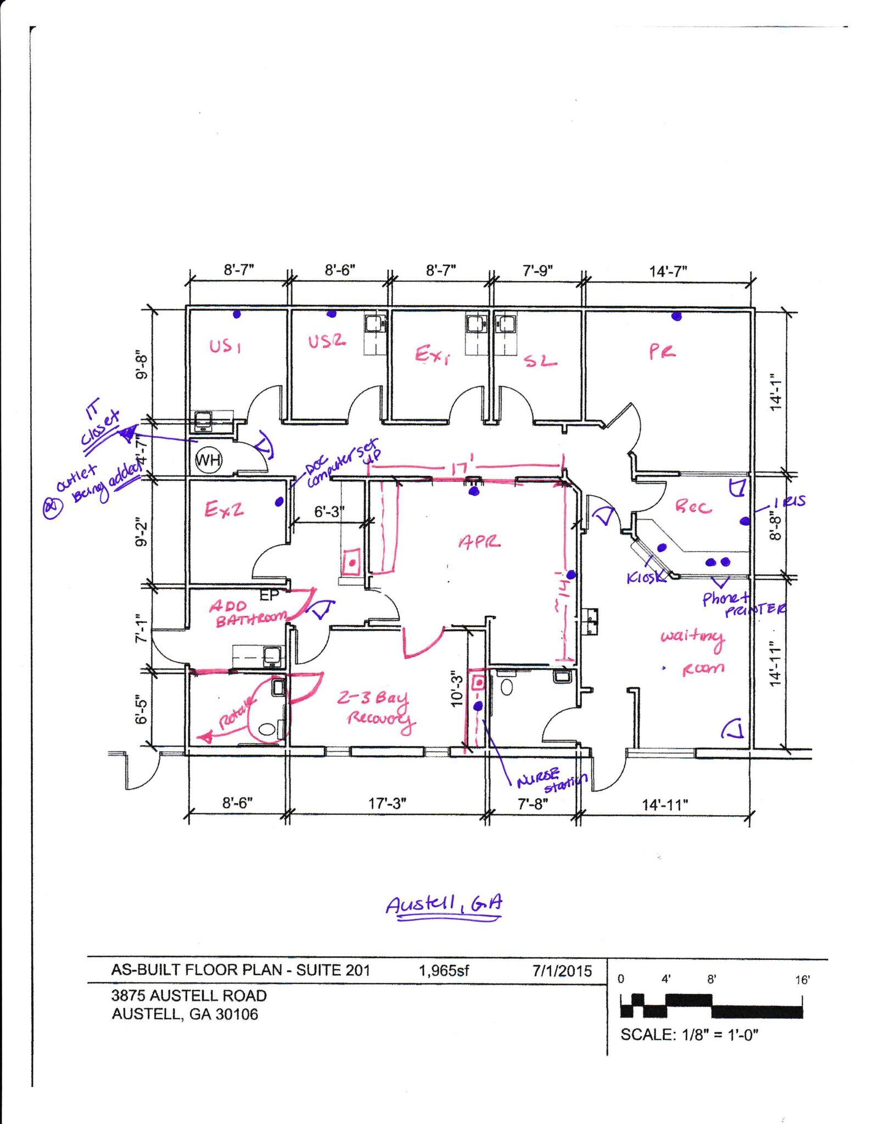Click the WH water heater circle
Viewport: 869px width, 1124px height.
(209, 460)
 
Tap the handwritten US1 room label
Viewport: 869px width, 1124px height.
(225, 346)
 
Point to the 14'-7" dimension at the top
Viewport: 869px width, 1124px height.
(668, 271)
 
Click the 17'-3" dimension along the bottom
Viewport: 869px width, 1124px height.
(387, 803)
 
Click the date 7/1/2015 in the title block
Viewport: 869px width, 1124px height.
(562, 971)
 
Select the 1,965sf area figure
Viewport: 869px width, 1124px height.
(444, 971)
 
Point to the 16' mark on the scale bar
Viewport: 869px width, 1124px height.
(802, 980)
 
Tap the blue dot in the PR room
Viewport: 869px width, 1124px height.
(676, 316)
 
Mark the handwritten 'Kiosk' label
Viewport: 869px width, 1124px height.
(646, 577)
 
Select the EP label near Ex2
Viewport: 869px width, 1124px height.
(269, 595)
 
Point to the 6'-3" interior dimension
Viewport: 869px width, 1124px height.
(329, 512)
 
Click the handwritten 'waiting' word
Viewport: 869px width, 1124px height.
(692, 637)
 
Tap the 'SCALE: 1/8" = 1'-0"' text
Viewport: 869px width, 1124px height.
(689, 1035)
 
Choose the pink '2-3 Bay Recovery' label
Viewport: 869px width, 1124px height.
(377, 709)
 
